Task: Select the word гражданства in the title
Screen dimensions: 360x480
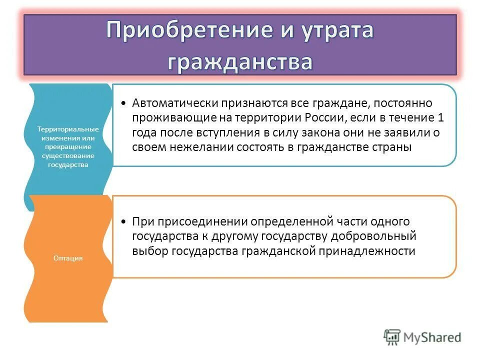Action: point(240,62)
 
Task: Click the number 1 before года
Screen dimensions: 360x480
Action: point(440,117)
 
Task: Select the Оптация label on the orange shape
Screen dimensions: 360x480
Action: point(67,258)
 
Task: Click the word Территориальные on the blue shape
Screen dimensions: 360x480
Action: point(67,129)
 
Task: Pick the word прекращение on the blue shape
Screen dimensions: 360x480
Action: point(67,147)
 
